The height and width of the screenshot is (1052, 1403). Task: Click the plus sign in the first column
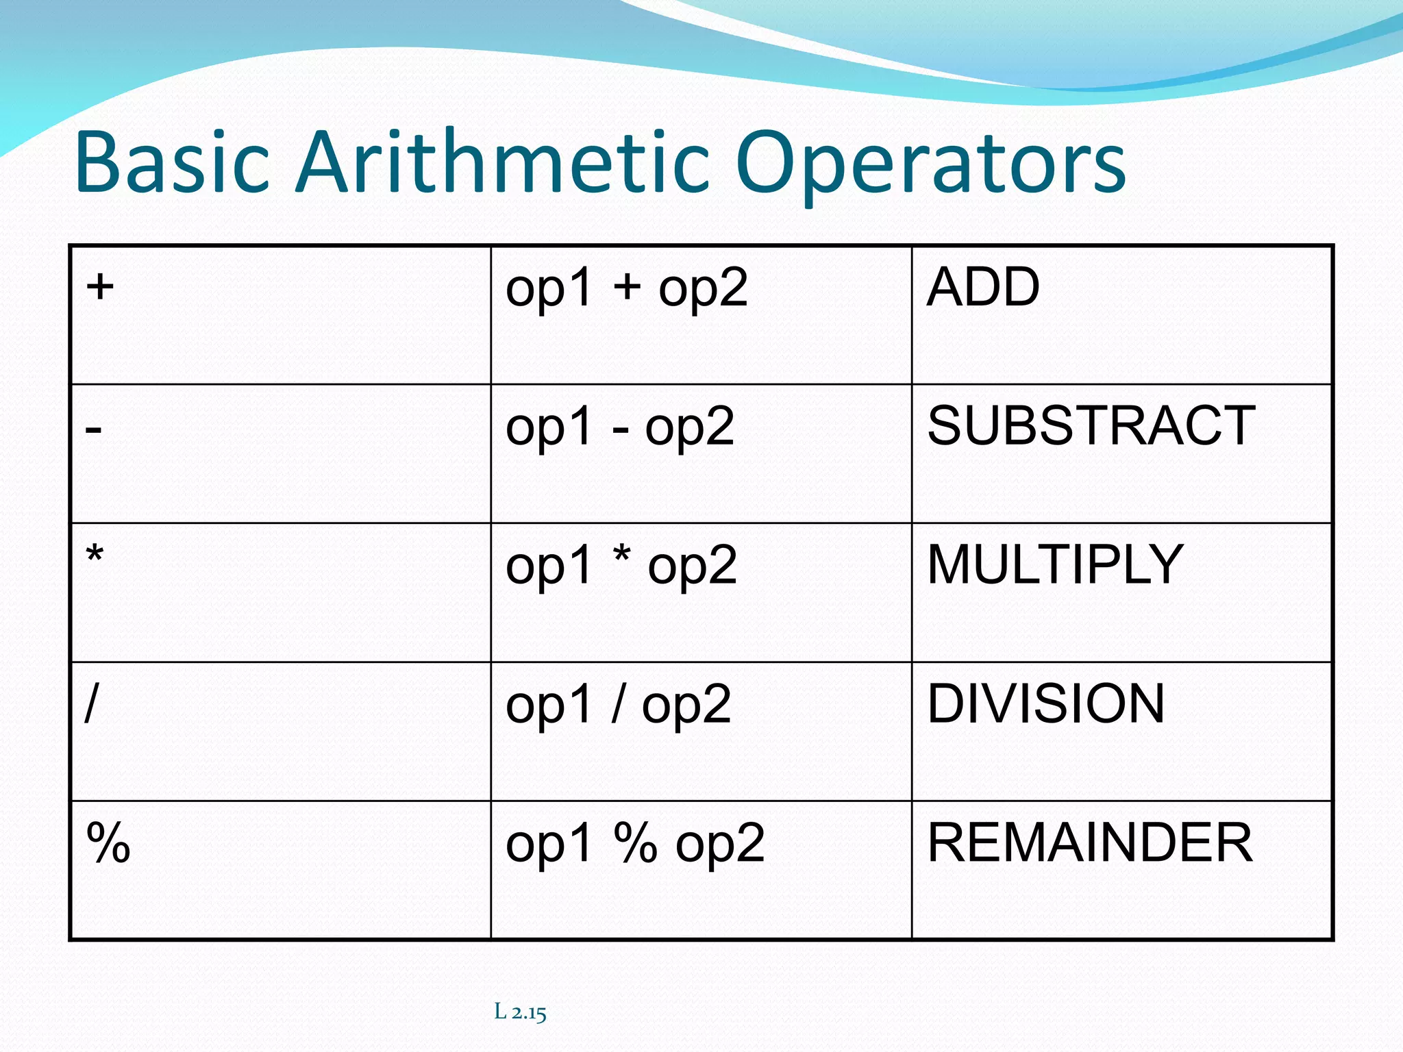coord(100,286)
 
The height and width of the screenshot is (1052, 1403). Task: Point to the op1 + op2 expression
coord(626,288)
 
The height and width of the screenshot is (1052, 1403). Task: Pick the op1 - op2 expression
coord(619,427)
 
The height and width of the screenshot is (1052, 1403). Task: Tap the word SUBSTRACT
coord(1091,425)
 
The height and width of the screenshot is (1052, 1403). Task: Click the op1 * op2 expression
coord(621,566)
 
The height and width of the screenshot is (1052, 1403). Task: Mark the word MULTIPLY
coord(1055,564)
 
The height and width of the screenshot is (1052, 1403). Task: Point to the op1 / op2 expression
coord(618,705)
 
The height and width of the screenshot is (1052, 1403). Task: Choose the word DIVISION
coord(1045,703)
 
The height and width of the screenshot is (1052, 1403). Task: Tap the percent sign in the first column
coord(108,842)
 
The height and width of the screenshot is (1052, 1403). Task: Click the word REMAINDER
coord(1089,842)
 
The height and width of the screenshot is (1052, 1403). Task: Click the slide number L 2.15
coord(520,1012)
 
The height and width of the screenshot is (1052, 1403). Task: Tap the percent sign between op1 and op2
coord(636,842)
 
